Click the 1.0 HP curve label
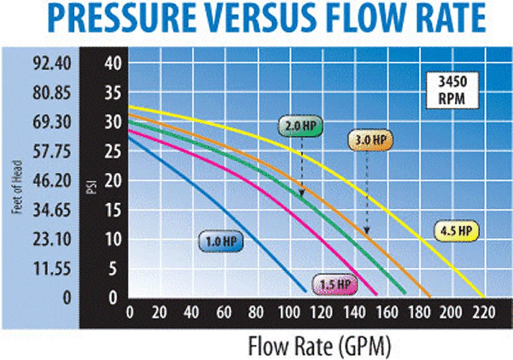pos(221,243)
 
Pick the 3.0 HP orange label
pos(370,140)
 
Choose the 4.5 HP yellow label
pos(457,231)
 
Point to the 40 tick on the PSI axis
pos(113,64)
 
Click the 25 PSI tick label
pos(113,152)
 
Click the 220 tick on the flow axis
pos(483,312)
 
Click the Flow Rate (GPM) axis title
pos(319,346)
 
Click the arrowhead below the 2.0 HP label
pos(302,194)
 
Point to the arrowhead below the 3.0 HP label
pos(367,231)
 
